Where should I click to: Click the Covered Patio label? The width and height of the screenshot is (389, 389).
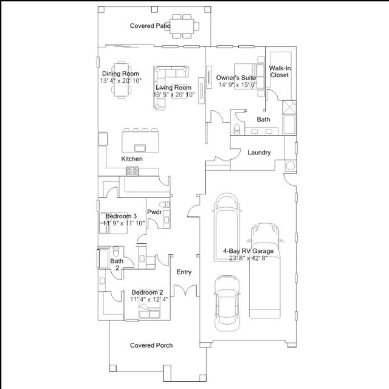point(150,26)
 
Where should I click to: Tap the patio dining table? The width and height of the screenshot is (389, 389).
point(182,26)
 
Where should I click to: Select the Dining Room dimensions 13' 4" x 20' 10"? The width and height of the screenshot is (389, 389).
point(121,81)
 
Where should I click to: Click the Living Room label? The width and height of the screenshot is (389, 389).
point(173,88)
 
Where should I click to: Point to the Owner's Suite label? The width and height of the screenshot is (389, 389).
point(236,78)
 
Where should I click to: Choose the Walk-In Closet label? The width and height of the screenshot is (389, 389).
point(280,72)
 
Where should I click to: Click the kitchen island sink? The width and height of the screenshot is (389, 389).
point(140,148)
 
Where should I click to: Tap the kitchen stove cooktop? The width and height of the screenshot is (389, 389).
point(133,171)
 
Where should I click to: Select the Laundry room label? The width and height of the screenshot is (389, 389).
point(259,153)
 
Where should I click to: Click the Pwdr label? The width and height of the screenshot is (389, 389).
point(154,212)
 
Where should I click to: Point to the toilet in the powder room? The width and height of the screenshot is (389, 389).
point(165,204)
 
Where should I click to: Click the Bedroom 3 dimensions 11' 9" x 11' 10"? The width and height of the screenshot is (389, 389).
point(124,223)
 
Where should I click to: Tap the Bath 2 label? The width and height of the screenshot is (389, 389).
point(117,264)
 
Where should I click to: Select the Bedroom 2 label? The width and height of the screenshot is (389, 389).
point(147,292)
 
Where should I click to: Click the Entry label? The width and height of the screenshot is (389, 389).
point(184,272)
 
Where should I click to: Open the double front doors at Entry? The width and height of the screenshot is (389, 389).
point(185,291)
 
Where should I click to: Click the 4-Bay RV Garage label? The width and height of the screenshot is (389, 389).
point(249,251)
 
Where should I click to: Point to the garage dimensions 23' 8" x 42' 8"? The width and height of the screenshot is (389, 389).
point(249,258)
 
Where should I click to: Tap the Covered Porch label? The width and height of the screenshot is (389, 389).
point(151,345)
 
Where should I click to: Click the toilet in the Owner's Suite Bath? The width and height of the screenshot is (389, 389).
point(236,128)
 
